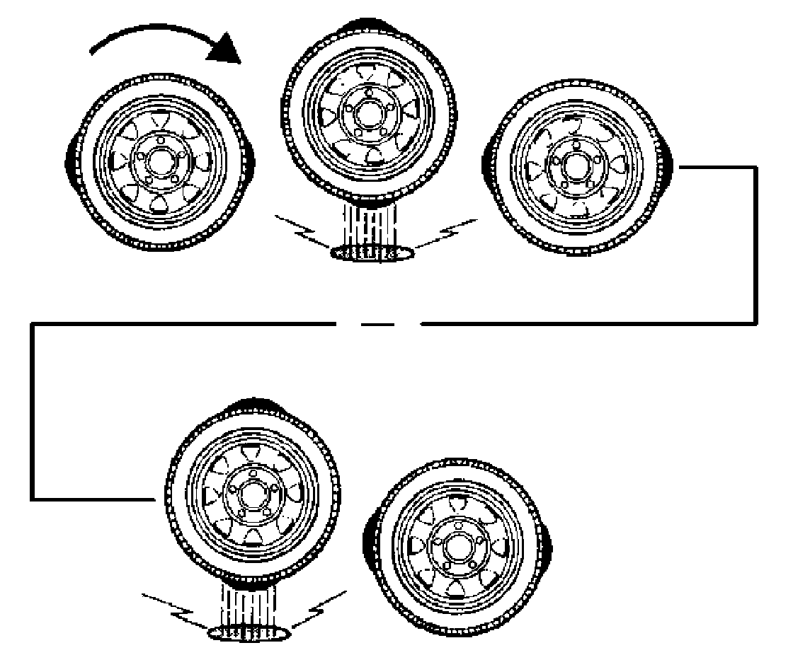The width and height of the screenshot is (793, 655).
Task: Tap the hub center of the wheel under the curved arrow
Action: [x=159, y=161]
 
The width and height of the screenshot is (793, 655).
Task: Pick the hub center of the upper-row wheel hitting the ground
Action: [x=367, y=110]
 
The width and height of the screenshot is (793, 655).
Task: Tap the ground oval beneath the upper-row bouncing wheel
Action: [x=373, y=253]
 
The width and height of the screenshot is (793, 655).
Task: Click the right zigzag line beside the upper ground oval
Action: [x=442, y=233]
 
